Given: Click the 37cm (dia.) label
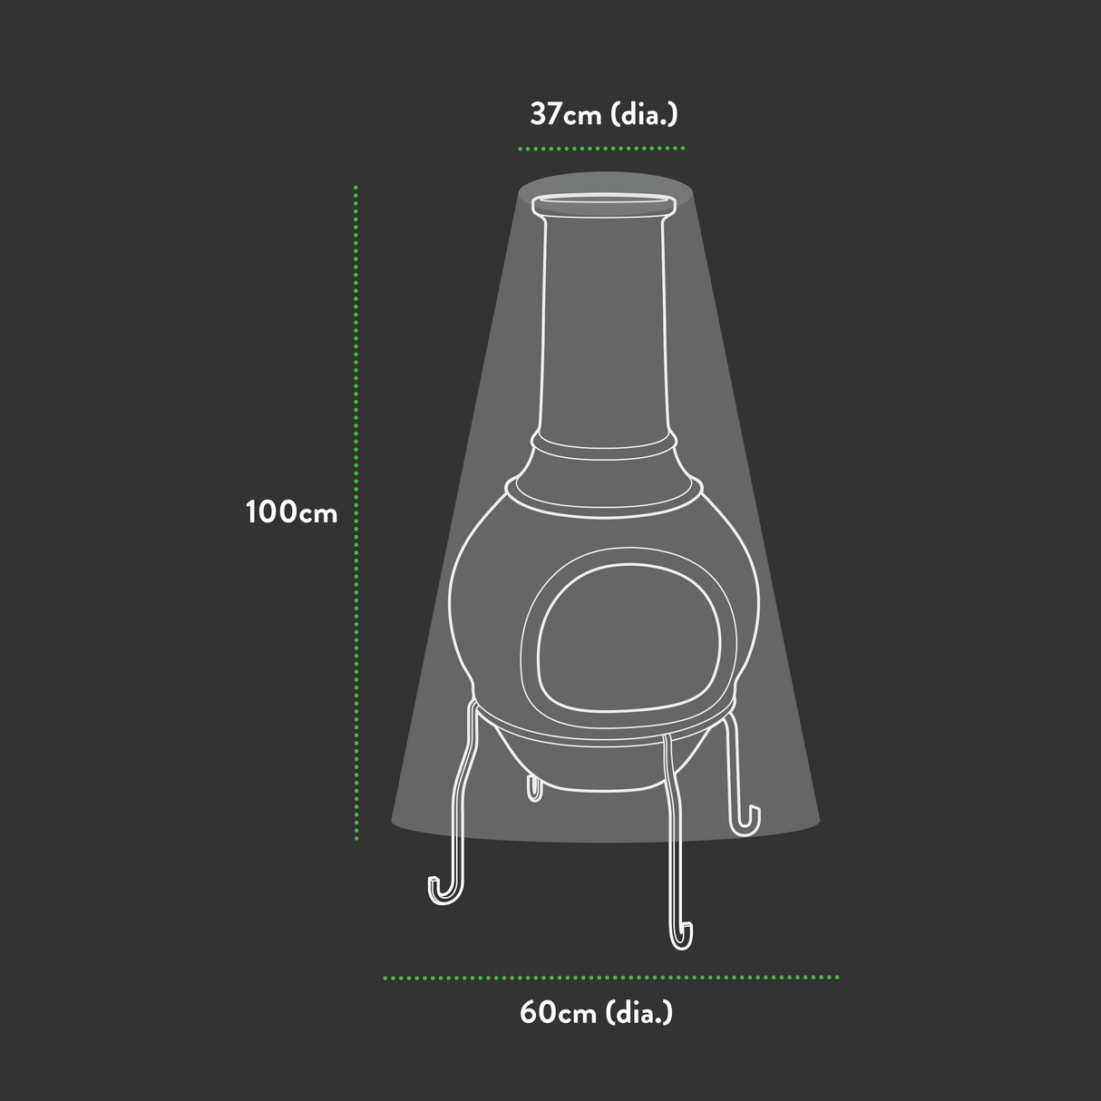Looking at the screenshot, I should pos(603,114).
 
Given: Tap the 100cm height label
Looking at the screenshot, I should pos(291,512).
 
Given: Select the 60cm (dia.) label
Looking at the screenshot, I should pos(596,1012).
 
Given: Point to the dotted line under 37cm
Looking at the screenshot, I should pos(600,147).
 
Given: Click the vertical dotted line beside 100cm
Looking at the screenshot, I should pos(356,512).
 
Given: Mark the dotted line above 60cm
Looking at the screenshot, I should pos(609,978).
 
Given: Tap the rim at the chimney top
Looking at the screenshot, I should pos(604,205).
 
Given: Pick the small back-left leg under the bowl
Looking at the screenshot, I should pos(534,788).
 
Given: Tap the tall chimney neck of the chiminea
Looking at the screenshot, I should pos(604,326).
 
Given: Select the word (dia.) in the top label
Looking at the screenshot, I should pos(644,114).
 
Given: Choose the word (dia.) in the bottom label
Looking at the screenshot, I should pos(638,1012).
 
